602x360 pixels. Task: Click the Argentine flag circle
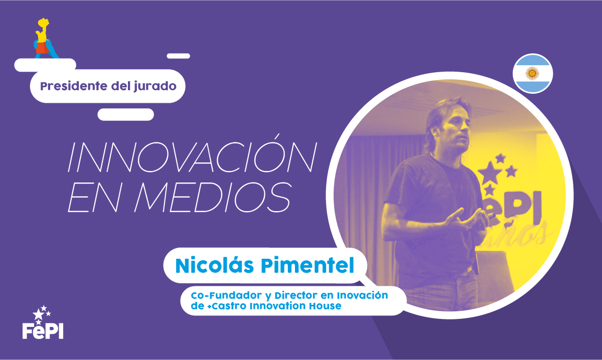(533, 73)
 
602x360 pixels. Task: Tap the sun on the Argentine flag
(532, 73)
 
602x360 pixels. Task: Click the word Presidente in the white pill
(74, 86)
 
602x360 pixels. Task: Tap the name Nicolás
(215, 265)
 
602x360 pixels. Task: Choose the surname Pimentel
(308, 265)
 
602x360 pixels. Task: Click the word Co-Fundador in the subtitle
(226, 295)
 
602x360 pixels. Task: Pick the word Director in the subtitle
(296, 295)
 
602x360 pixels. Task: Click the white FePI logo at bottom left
(43, 322)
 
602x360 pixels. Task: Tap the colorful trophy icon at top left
(46, 38)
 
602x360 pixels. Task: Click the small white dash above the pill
(179, 56)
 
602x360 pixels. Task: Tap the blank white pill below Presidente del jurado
(125, 114)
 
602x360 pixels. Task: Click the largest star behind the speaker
(490, 172)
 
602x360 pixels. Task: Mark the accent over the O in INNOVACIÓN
(276, 137)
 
